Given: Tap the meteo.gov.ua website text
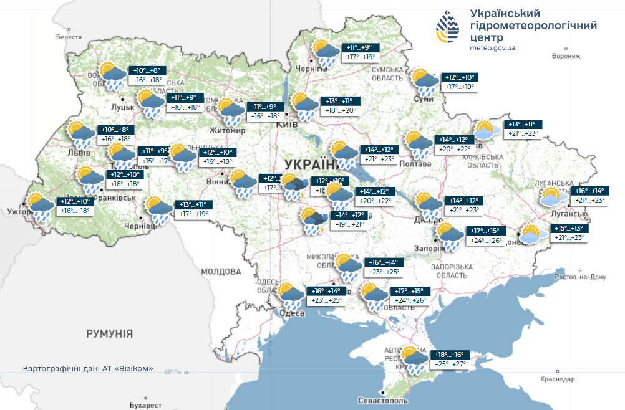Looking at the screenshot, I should (x=492, y=47).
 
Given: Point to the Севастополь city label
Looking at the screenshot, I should (x=383, y=399).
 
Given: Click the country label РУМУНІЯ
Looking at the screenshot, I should (x=110, y=334).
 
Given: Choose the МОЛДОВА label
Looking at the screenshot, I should (x=221, y=272).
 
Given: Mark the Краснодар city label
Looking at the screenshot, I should (x=558, y=379).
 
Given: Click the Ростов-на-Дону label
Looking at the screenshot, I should (x=579, y=277).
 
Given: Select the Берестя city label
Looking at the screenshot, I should (x=69, y=37).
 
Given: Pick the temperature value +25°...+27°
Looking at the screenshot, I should (x=448, y=363).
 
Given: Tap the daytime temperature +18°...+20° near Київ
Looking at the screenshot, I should (x=341, y=110).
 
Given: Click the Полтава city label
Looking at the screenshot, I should (x=416, y=164).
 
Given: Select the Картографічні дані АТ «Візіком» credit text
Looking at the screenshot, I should (x=88, y=368).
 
